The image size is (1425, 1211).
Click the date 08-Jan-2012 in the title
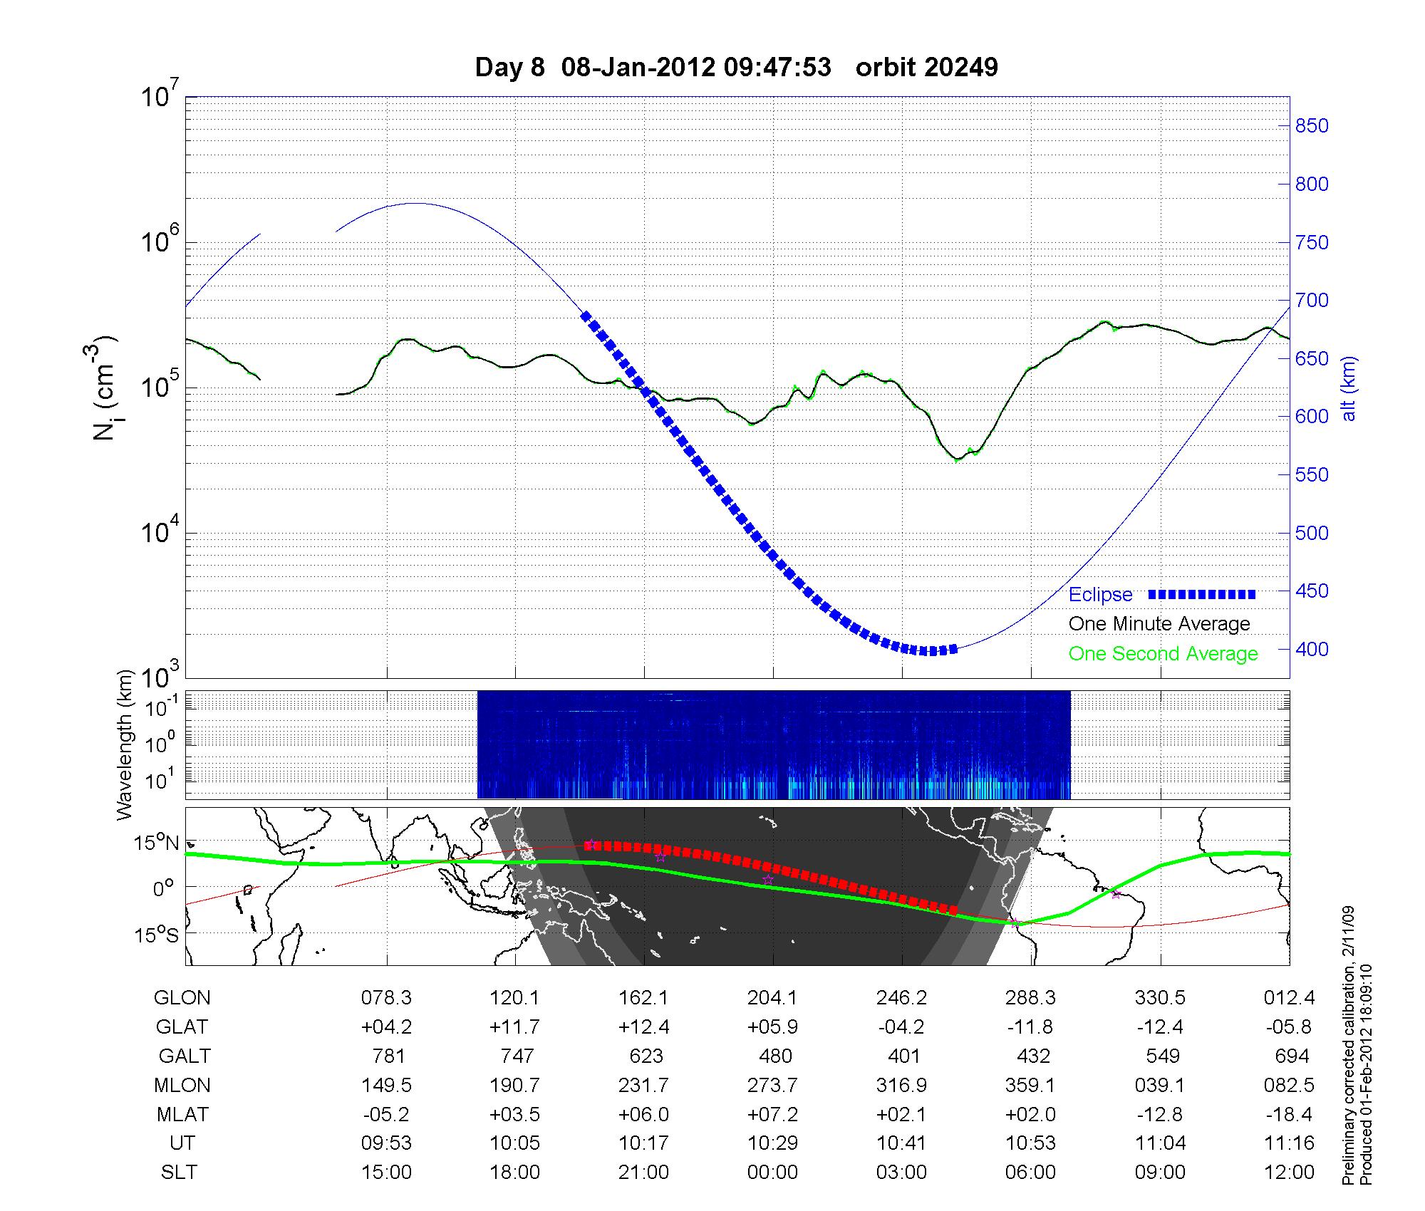click(638, 68)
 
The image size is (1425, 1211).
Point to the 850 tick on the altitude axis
click(1312, 126)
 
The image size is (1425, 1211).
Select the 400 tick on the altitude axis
click(1312, 649)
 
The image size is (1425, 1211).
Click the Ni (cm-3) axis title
click(105, 389)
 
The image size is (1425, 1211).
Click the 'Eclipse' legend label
click(1100, 595)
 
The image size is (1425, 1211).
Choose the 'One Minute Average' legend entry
click(1159, 624)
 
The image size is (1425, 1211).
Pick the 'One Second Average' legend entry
click(1163, 654)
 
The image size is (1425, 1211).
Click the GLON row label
click(182, 998)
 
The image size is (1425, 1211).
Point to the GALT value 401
click(904, 1056)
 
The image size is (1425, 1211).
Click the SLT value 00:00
click(772, 1173)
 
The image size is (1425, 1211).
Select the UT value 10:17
click(644, 1143)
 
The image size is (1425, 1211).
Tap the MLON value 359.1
click(1030, 1086)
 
